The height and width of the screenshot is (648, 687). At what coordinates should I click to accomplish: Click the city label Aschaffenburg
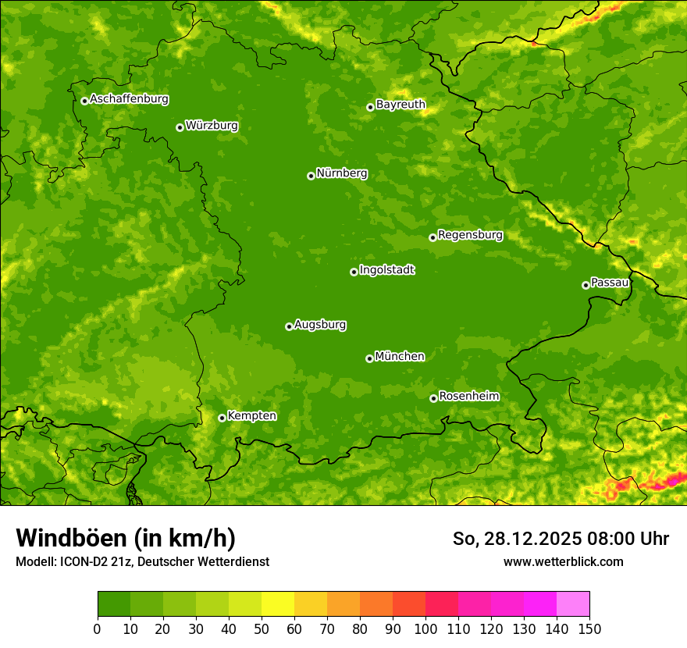pyautogui.click(x=129, y=99)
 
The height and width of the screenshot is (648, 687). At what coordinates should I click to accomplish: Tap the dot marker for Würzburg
pyautogui.click(x=180, y=127)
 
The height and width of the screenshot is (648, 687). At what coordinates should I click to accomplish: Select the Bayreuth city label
pyautogui.click(x=400, y=105)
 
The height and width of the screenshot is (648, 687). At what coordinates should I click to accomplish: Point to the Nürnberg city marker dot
pyautogui.click(x=311, y=176)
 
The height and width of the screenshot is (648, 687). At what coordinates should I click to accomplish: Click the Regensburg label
pyautogui.click(x=470, y=235)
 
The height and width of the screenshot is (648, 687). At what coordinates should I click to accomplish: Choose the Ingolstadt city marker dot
pyautogui.click(x=354, y=272)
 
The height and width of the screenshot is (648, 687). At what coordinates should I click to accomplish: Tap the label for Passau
pyautogui.click(x=610, y=283)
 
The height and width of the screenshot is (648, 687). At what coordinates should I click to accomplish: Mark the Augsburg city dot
pyautogui.click(x=289, y=326)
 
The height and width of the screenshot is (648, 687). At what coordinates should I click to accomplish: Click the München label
pyautogui.click(x=400, y=357)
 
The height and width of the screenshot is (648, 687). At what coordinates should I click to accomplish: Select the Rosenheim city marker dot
pyautogui.click(x=433, y=398)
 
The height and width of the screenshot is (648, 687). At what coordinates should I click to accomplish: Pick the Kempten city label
pyautogui.click(x=251, y=416)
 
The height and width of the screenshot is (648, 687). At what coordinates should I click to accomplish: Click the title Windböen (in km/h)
pyautogui.click(x=126, y=539)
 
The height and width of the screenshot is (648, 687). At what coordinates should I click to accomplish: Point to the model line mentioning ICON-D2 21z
pyautogui.click(x=142, y=562)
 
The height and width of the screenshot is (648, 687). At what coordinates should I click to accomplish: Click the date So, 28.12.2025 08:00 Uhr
pyautogui.click(x=561, y=539)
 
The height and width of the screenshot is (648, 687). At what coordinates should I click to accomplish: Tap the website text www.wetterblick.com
pyautogui.click(x=563, y=562)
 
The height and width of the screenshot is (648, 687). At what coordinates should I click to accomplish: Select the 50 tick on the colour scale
pyautogui.click(x=262, y=628)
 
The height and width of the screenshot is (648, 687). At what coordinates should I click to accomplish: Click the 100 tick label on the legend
pyautogui.click(x=425, y=628)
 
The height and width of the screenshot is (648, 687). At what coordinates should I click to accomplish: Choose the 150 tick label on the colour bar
pyautogui.click(x=589, y=628)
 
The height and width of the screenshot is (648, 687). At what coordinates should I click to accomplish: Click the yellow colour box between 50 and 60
pyautogui.click(x=278, y=604)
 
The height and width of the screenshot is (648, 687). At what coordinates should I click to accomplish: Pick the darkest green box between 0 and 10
pyautogui.click(x=114, y=604)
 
